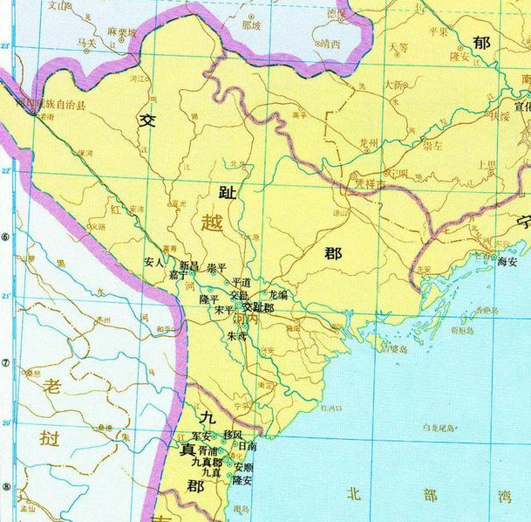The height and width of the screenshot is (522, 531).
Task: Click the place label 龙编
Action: click(279, 295)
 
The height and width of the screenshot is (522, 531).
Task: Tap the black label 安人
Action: click(154, 261)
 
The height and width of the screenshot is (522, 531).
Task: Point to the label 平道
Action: click(242, 283)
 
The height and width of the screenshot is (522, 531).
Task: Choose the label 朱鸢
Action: click(236, 335)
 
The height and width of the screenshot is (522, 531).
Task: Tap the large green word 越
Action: click(212, 224)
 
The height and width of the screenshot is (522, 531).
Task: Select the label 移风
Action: click(234, 434)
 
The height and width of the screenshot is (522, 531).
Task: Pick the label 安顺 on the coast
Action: click(244, 468)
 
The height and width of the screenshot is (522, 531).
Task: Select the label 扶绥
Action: click(499, 114)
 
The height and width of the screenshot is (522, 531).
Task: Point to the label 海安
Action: click(507, 260)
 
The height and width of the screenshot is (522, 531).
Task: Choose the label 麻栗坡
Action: click(123, 31)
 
